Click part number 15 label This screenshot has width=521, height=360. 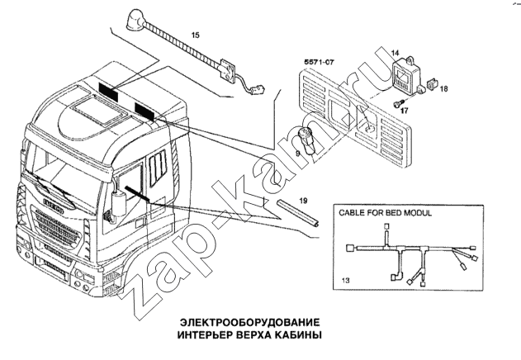pyautogui.click(x=196, y=35)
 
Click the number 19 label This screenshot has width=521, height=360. pyautogui.click(x=303, y=199)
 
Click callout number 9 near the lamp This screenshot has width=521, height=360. pyautogui.click(x=298, y=153)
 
